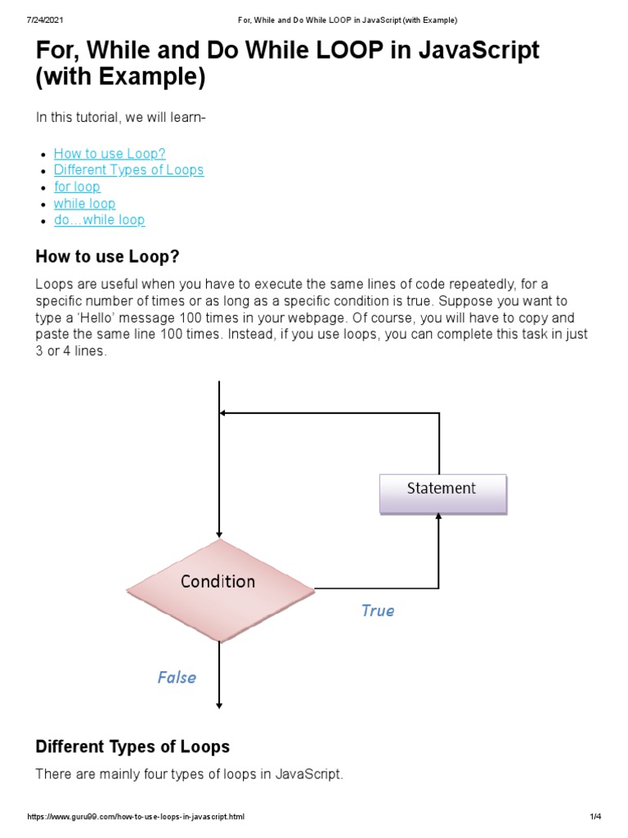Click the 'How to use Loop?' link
(110, 153)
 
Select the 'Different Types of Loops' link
(128, 170)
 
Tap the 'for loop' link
(77, 187)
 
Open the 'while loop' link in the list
(84, 203)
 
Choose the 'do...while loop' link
(99, 220)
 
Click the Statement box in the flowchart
(442, 493)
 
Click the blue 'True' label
(377, 610)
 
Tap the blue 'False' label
(177, 677)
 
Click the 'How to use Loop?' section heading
(107, 257)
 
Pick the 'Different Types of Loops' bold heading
(132, 746)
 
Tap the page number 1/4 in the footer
(594, 817)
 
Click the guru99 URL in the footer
(136, 817)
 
